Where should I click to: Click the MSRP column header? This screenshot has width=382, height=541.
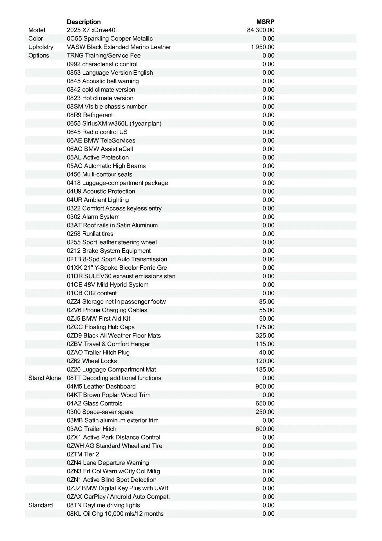[x=265, y=22]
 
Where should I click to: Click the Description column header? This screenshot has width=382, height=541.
[x=84, y=22]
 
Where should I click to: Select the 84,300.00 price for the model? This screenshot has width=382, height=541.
[x=261, y=30]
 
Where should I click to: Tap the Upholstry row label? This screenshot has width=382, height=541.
[x=41, y=47]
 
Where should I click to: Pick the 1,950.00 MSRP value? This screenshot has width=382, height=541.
[x=262, y=47]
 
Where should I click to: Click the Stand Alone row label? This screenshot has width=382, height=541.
[x=44, y=378]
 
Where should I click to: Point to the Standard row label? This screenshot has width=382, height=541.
[x=41, y=505]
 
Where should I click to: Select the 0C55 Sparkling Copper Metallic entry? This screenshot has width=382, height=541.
[x=110, y=39]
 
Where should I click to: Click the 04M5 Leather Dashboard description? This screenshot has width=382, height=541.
[x=101, y=386]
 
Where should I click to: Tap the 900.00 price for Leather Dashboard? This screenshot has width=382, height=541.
[x=265, y=386]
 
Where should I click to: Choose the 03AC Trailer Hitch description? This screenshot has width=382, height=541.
[x=91, y=429]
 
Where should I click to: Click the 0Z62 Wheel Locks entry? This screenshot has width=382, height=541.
[x=92, y=361]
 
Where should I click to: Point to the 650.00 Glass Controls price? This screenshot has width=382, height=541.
[x=265, y=403]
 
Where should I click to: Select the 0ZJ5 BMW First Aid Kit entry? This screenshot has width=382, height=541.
[x=99, y=318]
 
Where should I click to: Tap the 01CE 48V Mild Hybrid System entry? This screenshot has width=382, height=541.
[x=108, y=285]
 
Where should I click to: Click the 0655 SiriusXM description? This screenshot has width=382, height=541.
[x=114, y=123]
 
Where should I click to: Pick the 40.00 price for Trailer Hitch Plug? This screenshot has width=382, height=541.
[x=266, y=352]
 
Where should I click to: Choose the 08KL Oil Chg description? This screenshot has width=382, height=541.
[x=115, y=513]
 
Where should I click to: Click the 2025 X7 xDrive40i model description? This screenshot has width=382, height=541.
[x=92, y=30]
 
